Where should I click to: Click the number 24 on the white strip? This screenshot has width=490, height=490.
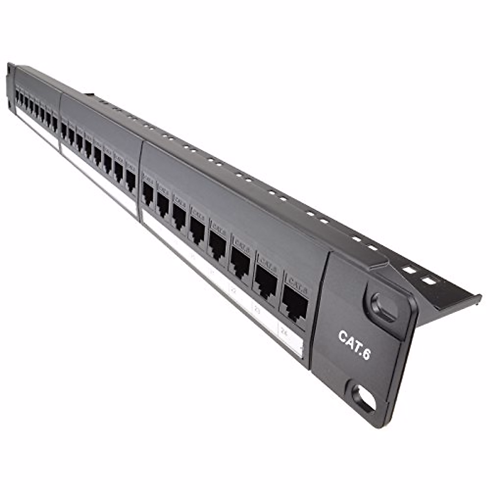click(x=285, y=333)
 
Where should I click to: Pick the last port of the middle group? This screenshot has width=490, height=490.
click(x=131, y=180)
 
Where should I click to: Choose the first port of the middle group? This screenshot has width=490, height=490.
click(x=64, y=130)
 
